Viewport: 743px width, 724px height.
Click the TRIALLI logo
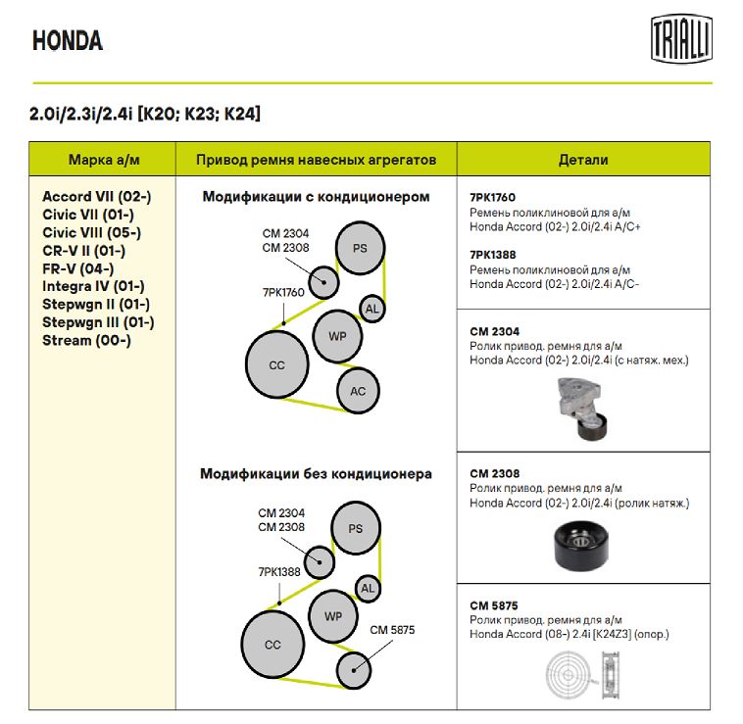(682, 41)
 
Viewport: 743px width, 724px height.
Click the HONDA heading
(68, 41)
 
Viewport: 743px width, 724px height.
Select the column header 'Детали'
(583, 160)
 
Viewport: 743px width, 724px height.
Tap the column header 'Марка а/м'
(102, 160)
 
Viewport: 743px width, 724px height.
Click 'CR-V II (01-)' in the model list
(83, 251)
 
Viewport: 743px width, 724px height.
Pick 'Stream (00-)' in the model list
(86, 341)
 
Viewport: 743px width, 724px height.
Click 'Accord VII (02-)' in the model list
(96, 197)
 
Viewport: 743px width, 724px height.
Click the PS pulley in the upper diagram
(360, 248)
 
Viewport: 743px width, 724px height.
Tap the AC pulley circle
(358, 392)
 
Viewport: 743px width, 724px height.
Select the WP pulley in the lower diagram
(333, 616)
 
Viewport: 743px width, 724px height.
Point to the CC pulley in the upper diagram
(276, 365)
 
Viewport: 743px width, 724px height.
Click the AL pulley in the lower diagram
(368, 589)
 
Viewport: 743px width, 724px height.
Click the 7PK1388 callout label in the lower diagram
(279, 571)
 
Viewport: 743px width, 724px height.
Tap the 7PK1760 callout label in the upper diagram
(283, 292)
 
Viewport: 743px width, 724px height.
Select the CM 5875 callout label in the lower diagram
(392, 630)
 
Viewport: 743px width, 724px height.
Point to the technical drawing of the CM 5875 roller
(582, 677)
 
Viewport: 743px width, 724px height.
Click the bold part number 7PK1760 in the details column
(492, 197)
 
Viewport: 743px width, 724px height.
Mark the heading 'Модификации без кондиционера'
(316, 474)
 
